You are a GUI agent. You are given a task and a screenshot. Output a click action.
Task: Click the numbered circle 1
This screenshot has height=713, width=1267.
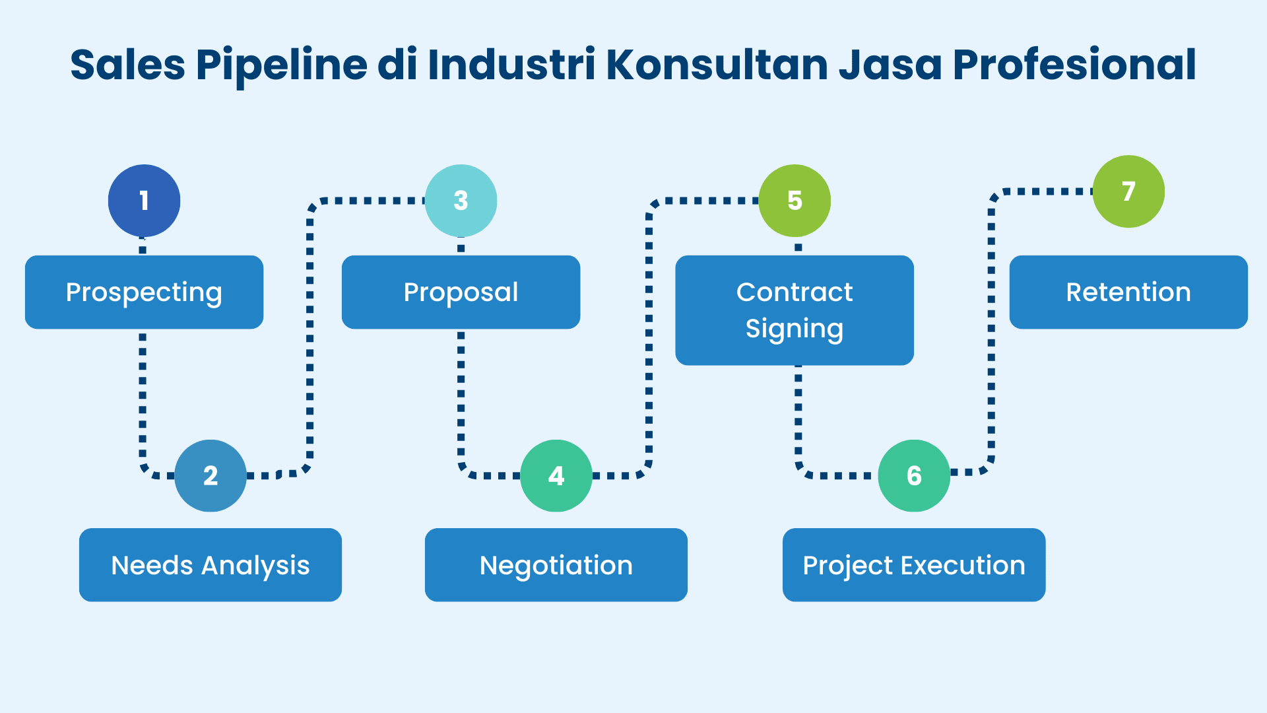pyautogui.click(x=144, y=201)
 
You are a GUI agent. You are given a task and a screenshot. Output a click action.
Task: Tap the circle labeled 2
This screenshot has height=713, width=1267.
pyautogui.click(x=211, y=475)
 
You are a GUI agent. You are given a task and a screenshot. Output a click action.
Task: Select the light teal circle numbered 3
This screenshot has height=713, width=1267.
pyautogui.click(x=461, y=201)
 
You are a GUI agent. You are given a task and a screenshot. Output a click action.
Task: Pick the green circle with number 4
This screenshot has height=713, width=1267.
pyautogui.click(x=556, y=475)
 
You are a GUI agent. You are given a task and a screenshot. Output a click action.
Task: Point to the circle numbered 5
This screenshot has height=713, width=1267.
pyautogui.click(x=795, y=201)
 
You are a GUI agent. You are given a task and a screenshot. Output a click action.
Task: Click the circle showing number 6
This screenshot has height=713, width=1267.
pyautogui.click(x=914, y=475)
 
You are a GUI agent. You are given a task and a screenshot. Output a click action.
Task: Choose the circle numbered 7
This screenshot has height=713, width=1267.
pyautogui.click(x=1128, y=191)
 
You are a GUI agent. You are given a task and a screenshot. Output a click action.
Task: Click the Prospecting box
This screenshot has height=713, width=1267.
pyautogui.click(x=144, y=292)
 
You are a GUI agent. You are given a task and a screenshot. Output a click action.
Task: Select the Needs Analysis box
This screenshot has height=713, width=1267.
pyautogui.click(x=211, y=565)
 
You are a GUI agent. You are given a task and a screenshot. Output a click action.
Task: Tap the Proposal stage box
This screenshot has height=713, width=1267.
pyautogui.click(x=461, y=292)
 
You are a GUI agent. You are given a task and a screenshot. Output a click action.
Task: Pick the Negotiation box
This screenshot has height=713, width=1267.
pyautogui.click(x=556, y=565)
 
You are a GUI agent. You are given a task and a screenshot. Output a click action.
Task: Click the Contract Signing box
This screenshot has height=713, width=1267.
pyautogui.click(x=795, y=310)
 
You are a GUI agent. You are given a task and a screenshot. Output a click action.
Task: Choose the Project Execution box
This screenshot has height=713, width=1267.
pyautogui.click(x=914, y=565)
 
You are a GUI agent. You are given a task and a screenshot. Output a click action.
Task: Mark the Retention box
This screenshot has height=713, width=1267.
pyautogui.click(x=1128, y=292)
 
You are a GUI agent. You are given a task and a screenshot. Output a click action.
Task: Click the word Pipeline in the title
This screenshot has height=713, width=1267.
pyautogui.click(x=281, y=65)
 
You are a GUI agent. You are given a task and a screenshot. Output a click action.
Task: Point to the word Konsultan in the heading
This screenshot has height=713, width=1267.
pyautogui.click(x=717, y=65)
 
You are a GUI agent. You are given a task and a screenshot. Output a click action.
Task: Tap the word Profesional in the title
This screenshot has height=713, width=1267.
pyautogui.click(x=1074, y=65)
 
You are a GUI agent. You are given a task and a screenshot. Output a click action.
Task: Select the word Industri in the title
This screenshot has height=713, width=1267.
pyautogui.click(x=511, y=65)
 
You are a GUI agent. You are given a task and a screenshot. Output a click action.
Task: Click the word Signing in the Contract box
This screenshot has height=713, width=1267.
pyautogui.click(x=795, y=329)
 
